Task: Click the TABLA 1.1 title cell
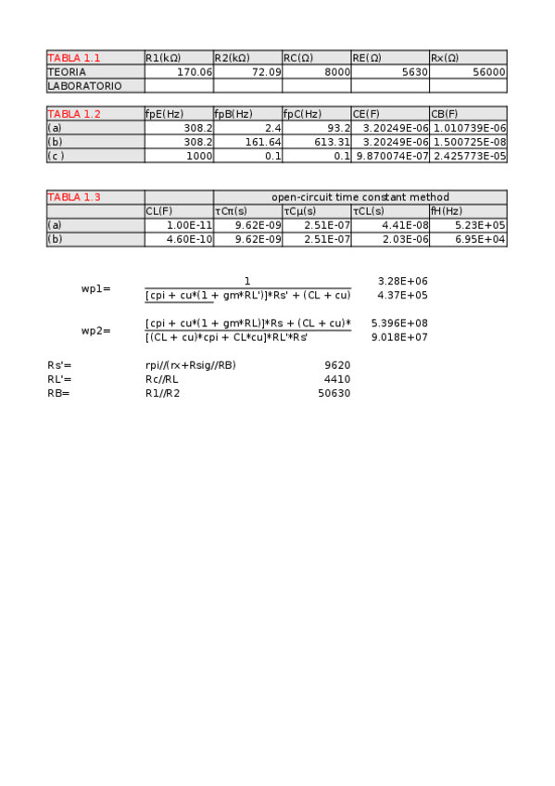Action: coord(73,58)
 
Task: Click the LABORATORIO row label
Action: coord(83,85)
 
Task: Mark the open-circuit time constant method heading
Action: coord(359,196)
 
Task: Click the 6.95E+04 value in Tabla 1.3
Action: coord(482,239)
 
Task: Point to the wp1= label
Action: coord(95,288)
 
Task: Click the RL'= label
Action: coord(59,379)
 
